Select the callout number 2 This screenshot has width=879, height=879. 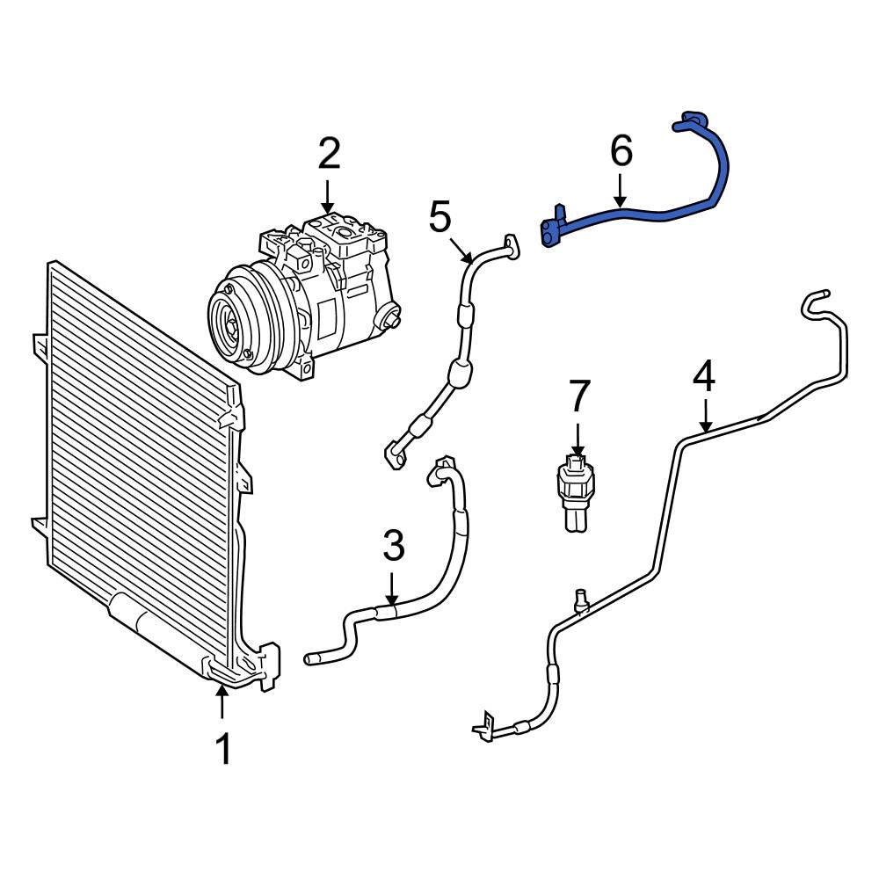pos(328,155)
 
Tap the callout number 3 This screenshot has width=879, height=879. pos(393,547)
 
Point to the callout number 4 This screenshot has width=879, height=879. pos(704,377)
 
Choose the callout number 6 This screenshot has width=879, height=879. pos(621,152)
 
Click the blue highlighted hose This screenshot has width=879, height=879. pos(668,211)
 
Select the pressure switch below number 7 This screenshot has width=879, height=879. pos(576,492)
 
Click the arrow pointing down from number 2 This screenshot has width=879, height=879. pos(328,194)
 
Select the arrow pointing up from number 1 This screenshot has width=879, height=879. pos(223,703)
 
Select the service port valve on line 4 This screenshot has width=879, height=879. pos(581,599)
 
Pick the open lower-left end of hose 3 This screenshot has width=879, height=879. pos(310,658)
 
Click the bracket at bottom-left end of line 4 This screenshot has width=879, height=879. pos(483,728)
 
